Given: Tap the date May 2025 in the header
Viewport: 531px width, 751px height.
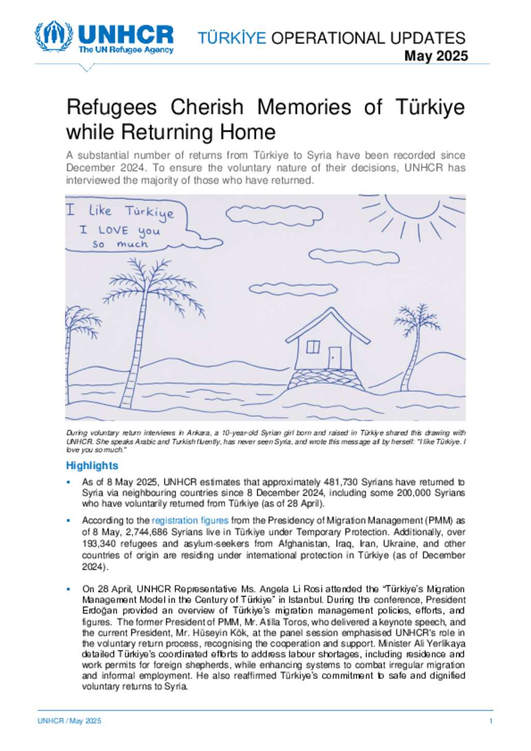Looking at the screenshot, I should pyautogui.click(x=436, y=56).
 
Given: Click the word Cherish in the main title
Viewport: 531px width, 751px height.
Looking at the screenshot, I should pyautogui.click(x=207, y=107).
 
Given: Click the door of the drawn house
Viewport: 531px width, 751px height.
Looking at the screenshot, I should pyautogui.click(x=335, y=358).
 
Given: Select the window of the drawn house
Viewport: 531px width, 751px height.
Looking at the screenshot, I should pyautogui.click(x=313, y=347).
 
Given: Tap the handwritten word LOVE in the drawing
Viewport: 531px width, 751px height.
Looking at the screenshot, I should pyautogui.click(x=113, y=230).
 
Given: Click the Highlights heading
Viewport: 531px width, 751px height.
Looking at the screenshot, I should pyautogui.click(x=92, y=465).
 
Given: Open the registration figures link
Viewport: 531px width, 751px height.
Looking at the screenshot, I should pyautogui.click(x=190, y=520).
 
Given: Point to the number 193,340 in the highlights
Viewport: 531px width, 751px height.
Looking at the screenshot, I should pyautogui.click(x=99, y=544).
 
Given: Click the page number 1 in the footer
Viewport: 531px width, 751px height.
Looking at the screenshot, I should pyautogui.click(x=491, y=721).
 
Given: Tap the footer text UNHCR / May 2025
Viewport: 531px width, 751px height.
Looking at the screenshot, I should pyautogui.click(x=69, y=721).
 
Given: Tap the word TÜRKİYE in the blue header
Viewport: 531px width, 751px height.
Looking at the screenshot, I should pyautogui.click(x=232, y=38).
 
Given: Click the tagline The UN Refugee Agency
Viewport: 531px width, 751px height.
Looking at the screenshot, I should pyautogui.click(x=126, y=50).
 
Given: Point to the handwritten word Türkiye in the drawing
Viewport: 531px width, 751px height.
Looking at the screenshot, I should pyautogui.click(x=149, y=212).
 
